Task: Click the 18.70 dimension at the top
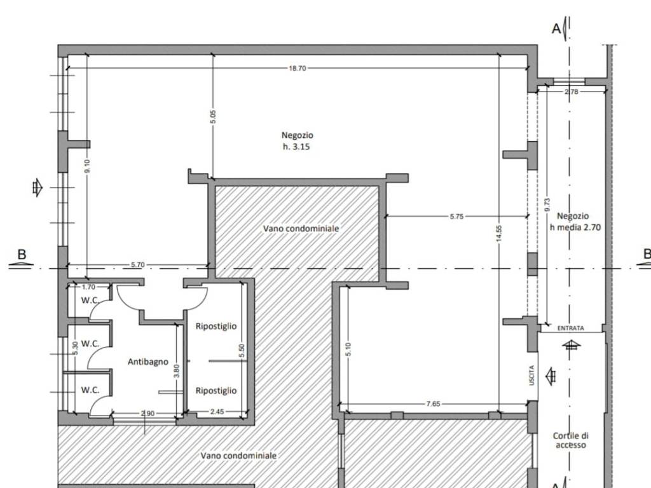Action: pos(298,68)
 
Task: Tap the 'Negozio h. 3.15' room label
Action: pos(297,140)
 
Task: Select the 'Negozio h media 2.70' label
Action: pos(575,222)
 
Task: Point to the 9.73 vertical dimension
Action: pos(547,205)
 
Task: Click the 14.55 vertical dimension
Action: pos(499,233)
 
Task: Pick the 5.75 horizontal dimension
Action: pos(456,216)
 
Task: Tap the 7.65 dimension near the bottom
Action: pos(433,403)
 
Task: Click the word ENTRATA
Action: pos(570,329)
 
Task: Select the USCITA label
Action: pos(532,375)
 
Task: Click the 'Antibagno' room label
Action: pos(147,362)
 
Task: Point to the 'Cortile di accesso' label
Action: pos(571,440)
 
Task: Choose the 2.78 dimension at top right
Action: pos(572,91)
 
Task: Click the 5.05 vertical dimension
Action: pos(213,117)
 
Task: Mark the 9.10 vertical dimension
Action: pos(86,166)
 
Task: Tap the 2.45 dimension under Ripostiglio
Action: pos(217,412)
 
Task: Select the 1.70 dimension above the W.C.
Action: pos(88,287)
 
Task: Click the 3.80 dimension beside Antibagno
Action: pos(177,370)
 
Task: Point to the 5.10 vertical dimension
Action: pos(348,349)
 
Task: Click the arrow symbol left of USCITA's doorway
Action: pos(551,376)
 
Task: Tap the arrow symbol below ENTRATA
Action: pos(572,344)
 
